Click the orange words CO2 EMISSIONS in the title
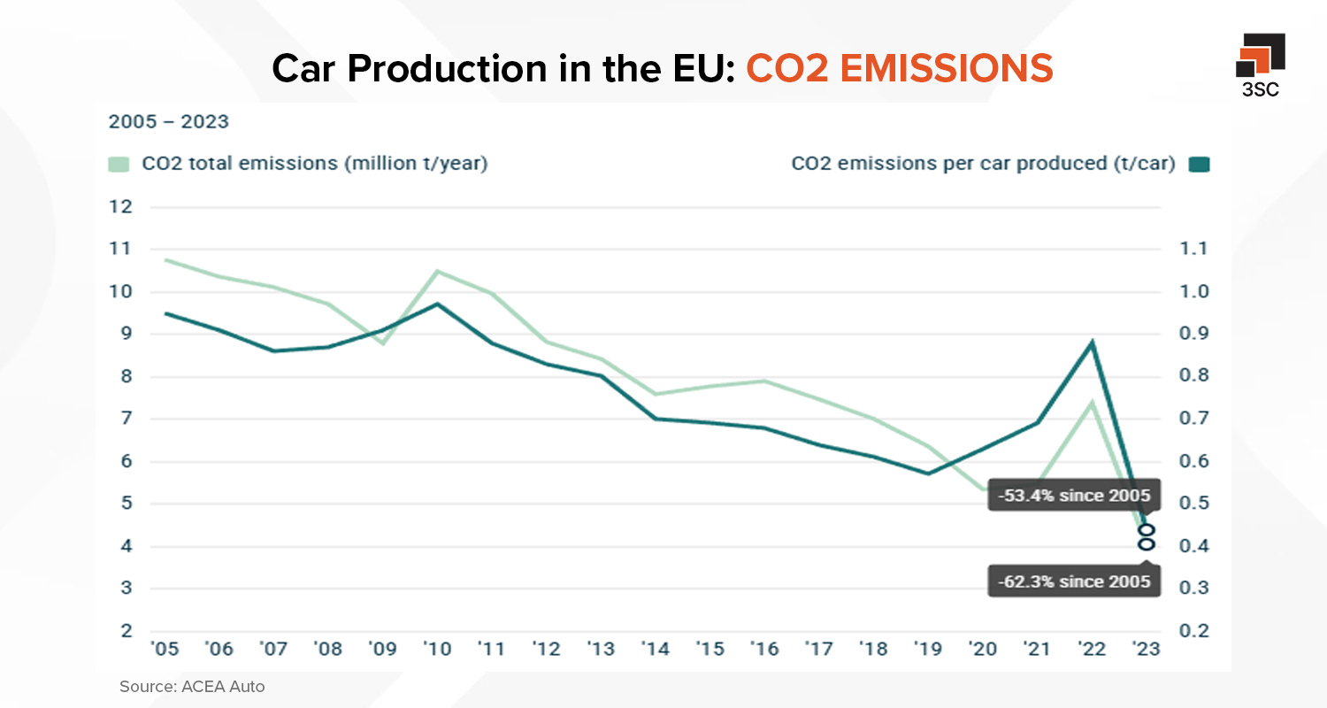(x=899, y=68)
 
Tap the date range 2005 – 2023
(x=168, y=122)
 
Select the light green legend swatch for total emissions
(x=119, y=164)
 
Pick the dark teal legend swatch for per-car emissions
(x=1199, y=165)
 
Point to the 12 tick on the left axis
(x=121, y=207)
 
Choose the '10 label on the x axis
(x=436, y=650)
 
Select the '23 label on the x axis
(x=1146, y=650)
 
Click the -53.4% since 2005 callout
(x=1073, y=496)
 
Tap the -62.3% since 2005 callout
(x=1073, y=581)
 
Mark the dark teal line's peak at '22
(x=1093, y=342)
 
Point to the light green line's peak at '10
(x=436, y=271)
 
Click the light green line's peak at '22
(x=1093, y=402)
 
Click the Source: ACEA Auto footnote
(x=192, y=686)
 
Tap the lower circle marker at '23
(x=1147, y=544)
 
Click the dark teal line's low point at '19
(x=928, y=473)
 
